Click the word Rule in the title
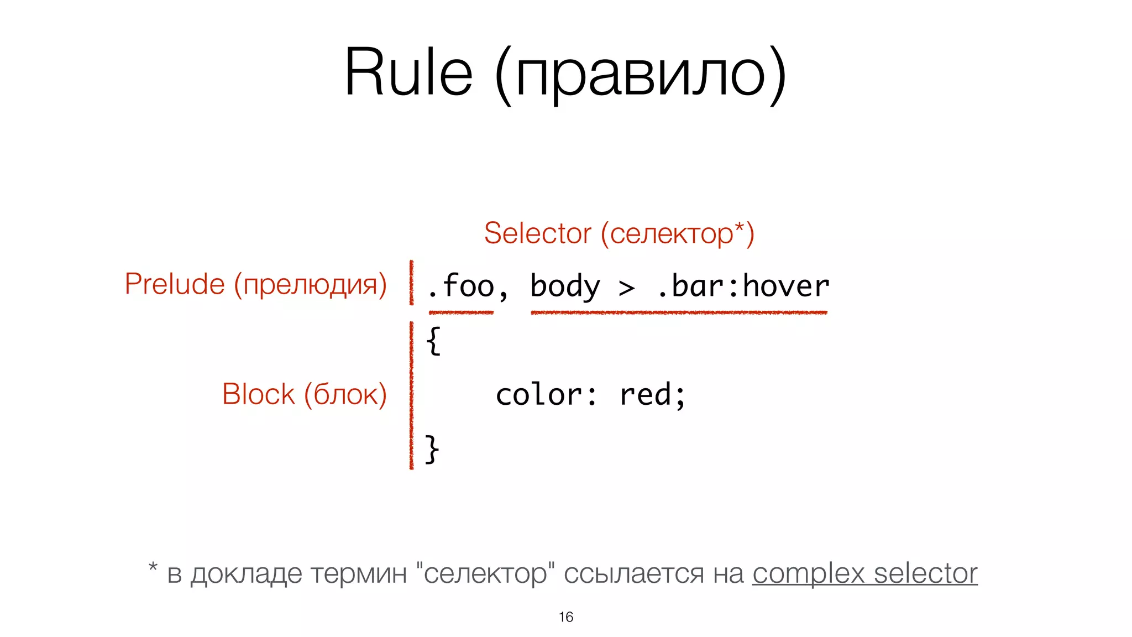click(408, 72)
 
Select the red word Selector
click(537, 233)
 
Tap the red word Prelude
click(175, 284)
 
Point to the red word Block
click(258, 394)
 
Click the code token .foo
click(460, 286)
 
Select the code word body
click(565, 286)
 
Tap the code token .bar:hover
click(743, 286)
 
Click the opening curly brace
click(433, 341)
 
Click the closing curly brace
click(432, 448)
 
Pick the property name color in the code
click(538, 395)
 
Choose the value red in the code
click(644, 395)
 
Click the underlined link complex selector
click(864, 573)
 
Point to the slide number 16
click(565, 617)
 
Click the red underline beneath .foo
click(461, 313)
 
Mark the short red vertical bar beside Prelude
click(411, 283)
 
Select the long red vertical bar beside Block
click(411, 395)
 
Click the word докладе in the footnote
click(247, 574)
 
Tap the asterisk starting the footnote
click(153, 567)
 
